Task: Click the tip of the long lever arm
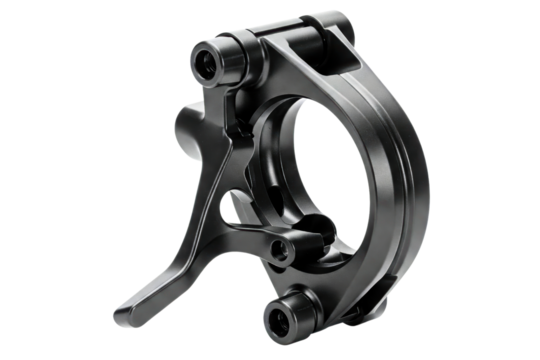pos(122,305)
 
